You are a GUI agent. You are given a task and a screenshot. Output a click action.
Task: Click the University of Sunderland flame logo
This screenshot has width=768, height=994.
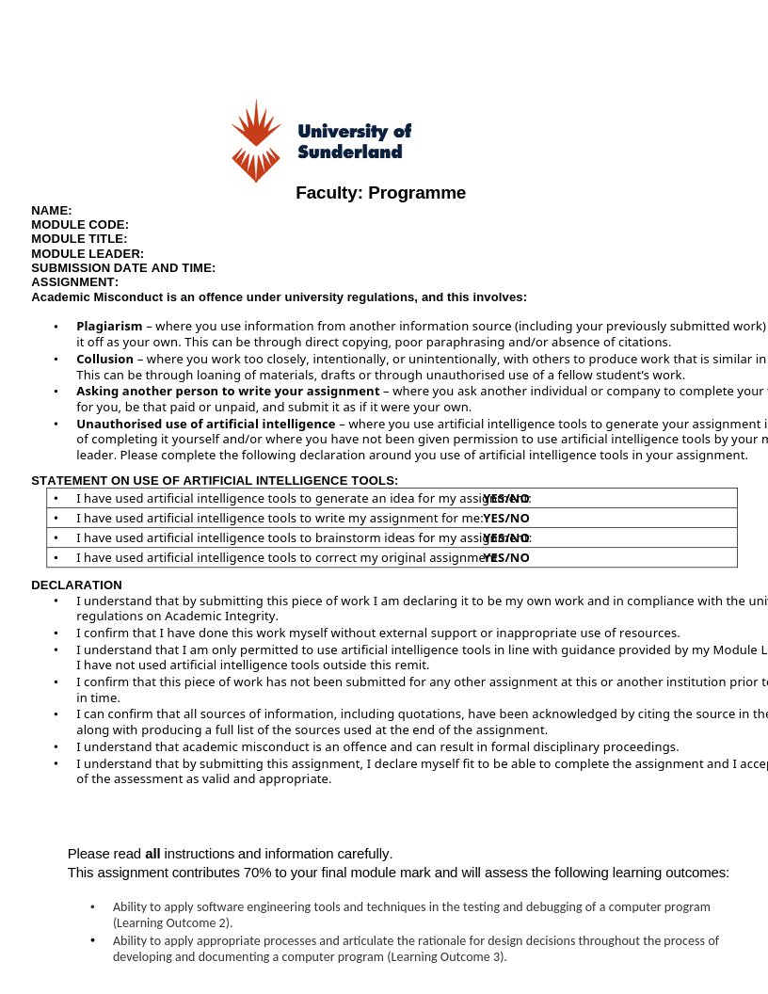[x=256, y=140]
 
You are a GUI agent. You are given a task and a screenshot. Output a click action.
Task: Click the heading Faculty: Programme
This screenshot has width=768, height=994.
[x=380, y=193]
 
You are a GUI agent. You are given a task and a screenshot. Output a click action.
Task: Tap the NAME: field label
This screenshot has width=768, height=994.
[x=52, y=211]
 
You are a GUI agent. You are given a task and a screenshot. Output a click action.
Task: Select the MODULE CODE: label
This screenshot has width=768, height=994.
[x=80, y=225]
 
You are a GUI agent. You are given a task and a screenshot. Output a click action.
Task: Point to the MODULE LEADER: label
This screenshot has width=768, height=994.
[x=88, y=254]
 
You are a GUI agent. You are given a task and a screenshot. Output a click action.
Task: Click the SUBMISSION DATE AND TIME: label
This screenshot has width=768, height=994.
[x=123, y=268]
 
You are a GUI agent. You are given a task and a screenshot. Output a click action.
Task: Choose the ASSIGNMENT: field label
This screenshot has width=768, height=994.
[x=74, y=282]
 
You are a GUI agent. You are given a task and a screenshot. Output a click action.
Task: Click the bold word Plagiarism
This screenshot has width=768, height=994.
[x=109, y=327]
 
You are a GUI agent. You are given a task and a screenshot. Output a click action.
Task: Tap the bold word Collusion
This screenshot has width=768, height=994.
[x=104, y=360]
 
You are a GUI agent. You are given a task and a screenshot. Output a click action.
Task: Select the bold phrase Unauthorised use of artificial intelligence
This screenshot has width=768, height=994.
[x=205, y=425]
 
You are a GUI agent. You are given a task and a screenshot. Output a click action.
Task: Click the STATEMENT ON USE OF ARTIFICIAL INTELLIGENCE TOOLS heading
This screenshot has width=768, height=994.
[x=215, y=481]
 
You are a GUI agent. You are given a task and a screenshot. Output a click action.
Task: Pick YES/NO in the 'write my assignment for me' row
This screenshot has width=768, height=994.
[x=506, y=519]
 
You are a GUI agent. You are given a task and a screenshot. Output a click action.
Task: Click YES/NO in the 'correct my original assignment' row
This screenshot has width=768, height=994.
[x=506, y=558]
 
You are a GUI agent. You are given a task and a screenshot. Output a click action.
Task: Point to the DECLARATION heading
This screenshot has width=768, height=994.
[x=76, y=585]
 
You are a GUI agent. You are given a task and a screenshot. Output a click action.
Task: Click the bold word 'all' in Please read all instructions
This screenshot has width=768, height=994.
[x=152, y=854]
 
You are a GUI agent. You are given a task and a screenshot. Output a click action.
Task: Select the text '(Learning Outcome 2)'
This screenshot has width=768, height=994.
[x=171, y=923]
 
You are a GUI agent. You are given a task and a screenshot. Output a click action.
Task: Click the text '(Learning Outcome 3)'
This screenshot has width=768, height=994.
[x=446, y=957]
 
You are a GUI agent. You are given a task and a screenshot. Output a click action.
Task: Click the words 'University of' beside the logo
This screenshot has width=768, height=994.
[x=354, y=132]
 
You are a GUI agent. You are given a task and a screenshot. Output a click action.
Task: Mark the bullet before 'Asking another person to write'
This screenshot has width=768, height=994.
[x=56, y=392]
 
